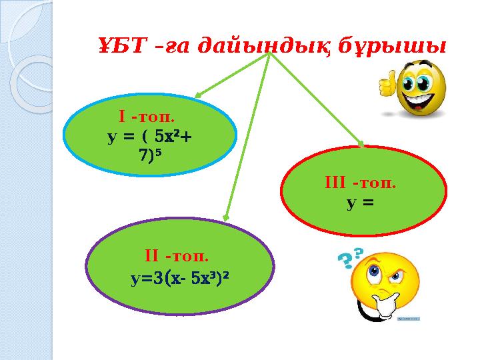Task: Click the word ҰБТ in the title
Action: [119, 47]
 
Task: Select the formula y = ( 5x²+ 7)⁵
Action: [151, 146]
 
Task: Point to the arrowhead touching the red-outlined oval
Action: [362, 143]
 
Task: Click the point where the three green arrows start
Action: [269, 55]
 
